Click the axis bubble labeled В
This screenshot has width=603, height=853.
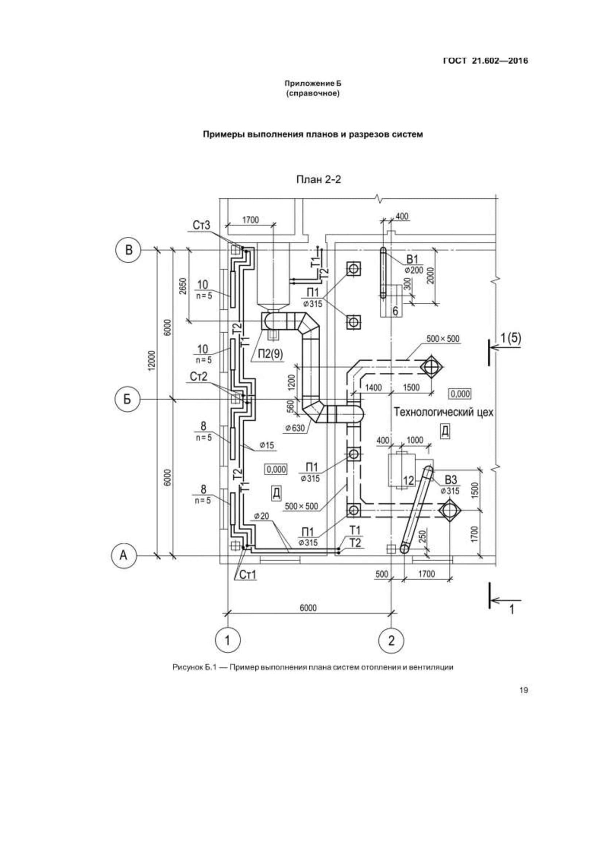[128, 250]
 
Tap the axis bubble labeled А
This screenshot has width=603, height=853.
[124, 556]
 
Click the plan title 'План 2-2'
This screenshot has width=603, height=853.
[318, 180]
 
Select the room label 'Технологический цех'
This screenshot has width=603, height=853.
[444, 412]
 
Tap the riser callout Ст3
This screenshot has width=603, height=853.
[201, 225]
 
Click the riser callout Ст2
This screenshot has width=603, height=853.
[198, 377]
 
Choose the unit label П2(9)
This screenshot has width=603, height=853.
[270, 354]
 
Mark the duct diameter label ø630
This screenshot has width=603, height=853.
[295, 428]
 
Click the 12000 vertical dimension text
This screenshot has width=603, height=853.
[151, 360]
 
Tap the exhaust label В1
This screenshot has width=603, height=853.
[413, 259]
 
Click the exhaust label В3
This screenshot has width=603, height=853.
[451, 480]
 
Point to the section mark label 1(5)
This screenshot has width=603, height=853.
[511, 338]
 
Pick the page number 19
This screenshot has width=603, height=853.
[523, 691]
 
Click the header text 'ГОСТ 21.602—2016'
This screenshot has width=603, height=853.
[486, 61]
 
